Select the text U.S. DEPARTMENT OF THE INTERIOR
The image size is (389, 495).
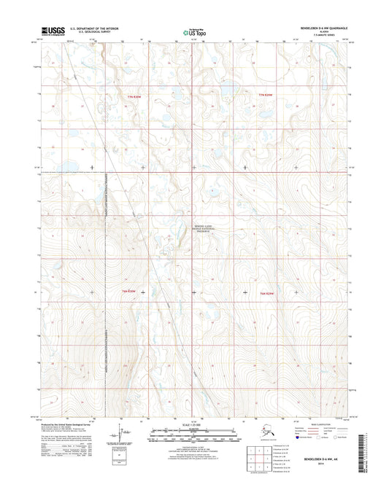coord(95,28)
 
